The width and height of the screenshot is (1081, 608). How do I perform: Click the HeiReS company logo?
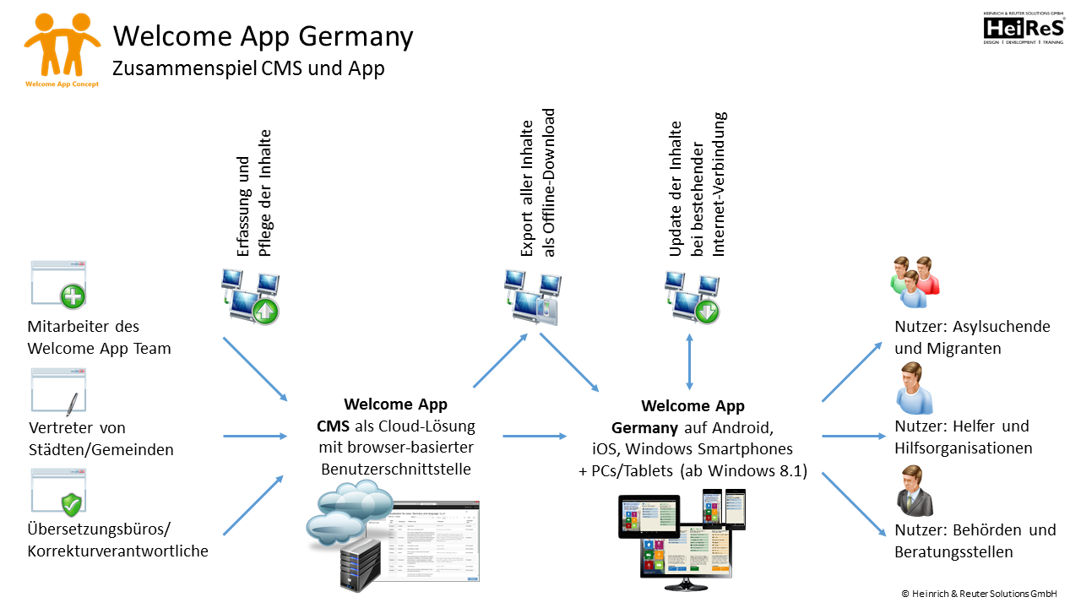[x=1023, y=29]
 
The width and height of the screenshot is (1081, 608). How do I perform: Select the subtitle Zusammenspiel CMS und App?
[x=249, y=68]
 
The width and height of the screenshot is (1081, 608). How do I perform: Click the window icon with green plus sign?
[x=59, y=285]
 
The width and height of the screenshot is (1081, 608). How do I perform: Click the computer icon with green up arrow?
[x=250, y=296]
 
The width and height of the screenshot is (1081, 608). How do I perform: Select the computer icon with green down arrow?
[x=693, y=296]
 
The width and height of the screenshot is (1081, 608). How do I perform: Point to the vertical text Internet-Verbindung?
[x=720, y=184]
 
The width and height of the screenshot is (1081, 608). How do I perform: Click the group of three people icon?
[x=915, y=282]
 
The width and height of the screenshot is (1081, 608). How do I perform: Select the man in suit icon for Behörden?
[x=915, y=491]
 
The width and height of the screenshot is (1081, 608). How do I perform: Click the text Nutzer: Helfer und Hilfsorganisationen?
[x=963, y=437]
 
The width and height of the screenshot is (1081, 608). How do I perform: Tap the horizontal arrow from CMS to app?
[x=534, y=437]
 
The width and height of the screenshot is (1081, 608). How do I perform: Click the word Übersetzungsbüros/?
[x=100, y=529]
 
